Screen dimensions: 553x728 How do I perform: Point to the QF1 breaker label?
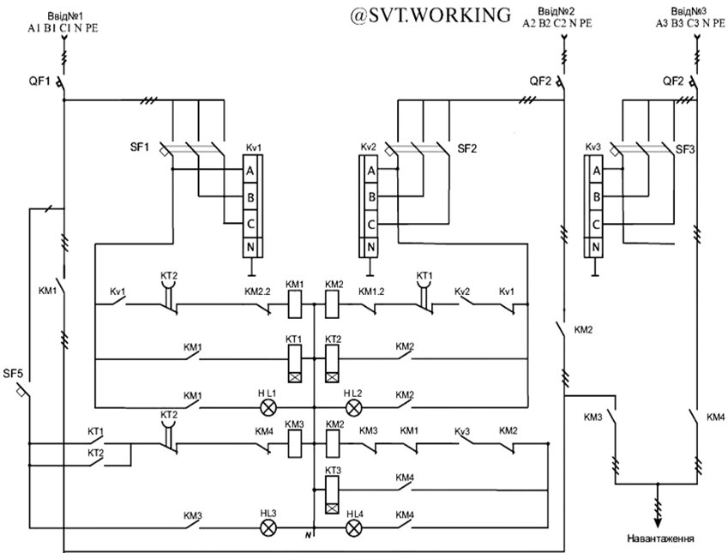[39, 82]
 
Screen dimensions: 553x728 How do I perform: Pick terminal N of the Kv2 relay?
[370, 249]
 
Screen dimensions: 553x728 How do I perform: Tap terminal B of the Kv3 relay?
[595, 197]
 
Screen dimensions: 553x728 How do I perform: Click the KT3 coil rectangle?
[333, 486]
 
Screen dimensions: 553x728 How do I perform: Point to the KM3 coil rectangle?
[294, 444]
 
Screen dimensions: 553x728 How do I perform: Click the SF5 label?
[13, 373]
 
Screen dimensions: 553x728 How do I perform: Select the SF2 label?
[467, 148]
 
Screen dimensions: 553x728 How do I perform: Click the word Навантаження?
[659, 539]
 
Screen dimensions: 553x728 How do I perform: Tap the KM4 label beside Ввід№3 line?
[715, 417]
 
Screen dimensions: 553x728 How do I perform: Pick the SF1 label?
[140, 147]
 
